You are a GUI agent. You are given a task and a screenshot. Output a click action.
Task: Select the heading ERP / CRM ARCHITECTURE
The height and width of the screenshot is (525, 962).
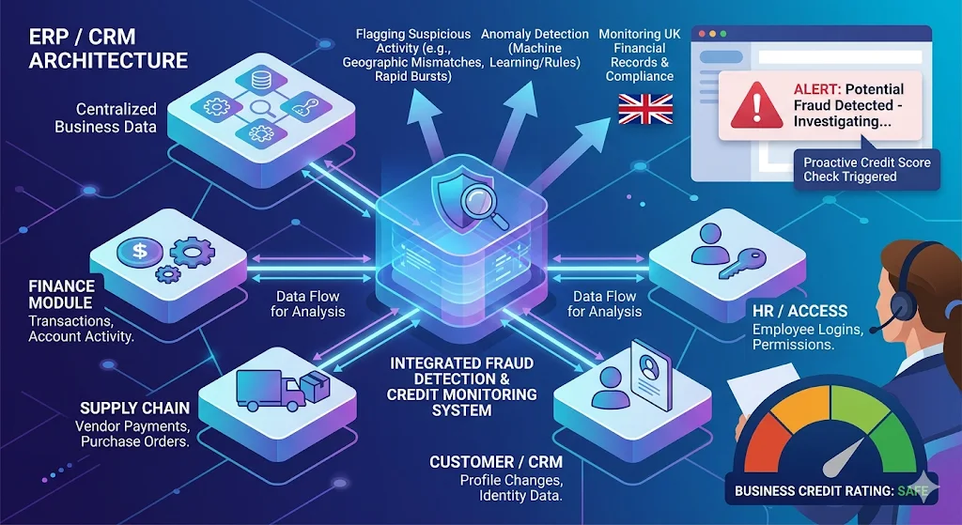coord(108,50)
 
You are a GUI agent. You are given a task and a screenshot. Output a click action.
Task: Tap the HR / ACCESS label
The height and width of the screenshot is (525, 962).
coord(799,311)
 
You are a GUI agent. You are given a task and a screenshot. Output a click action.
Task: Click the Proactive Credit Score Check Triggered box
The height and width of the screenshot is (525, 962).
coord(866,169)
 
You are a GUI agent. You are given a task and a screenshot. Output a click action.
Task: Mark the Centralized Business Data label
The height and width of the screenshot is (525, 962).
coord(105,117)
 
